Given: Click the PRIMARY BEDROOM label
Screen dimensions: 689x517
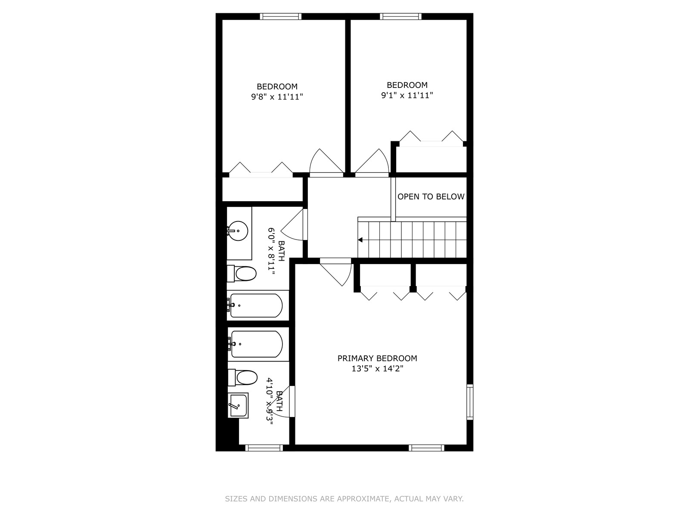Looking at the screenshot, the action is pos(377,358).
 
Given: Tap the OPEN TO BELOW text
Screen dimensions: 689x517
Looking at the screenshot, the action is pos(431,196).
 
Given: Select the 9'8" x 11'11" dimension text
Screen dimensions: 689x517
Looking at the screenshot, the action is pos(277,97).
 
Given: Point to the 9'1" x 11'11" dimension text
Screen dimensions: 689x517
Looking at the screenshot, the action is pos(407,95).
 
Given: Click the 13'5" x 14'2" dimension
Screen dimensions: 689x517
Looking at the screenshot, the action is pos(377,368).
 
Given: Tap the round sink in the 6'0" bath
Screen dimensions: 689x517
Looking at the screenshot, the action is pos(237,231).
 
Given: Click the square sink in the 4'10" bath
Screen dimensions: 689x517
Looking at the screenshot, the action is pos(238,405).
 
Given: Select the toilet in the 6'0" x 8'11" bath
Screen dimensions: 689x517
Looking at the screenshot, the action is pos(242,274).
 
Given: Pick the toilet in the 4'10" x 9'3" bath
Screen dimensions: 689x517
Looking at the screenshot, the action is pos(242,378).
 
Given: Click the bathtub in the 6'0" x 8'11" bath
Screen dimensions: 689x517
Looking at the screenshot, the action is pos(255,305).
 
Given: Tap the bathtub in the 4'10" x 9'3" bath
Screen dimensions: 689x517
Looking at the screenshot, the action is pos(255,344).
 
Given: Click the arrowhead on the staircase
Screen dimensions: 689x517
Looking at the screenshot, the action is pos(360,240).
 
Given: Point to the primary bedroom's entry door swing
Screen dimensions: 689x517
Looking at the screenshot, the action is pos(335,272).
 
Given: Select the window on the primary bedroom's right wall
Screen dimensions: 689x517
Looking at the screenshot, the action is pos(470,402).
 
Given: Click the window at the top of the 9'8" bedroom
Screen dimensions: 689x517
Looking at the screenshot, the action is pos(281,16).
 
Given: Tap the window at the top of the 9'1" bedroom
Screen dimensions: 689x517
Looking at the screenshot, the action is pos(400,16).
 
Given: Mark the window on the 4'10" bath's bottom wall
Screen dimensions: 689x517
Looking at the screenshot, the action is pos(264,448).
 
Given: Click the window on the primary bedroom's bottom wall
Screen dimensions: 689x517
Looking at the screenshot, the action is pos(426,448).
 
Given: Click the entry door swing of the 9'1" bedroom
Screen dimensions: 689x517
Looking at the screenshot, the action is pos(372,161).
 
